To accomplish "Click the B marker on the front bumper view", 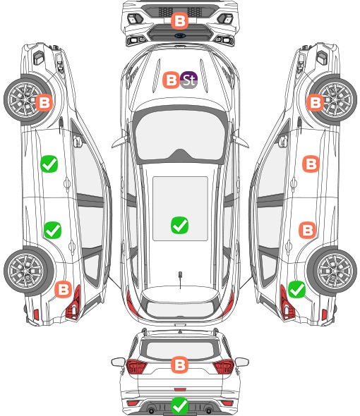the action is pos(179,20).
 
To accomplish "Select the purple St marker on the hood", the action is pos(188,80).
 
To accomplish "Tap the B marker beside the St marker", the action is pos(171,80).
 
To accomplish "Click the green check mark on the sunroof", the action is pos(179,225).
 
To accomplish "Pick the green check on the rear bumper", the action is pos(179,405).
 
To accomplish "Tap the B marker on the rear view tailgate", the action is pos(179,365).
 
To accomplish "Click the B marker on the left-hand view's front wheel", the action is pos(44,102).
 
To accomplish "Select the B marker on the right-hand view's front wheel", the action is pos(316,102).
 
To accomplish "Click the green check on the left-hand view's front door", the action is pos(49,164).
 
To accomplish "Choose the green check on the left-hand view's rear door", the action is pos(53,230).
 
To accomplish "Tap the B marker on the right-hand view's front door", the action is pos(311,164).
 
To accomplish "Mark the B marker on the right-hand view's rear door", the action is pos(308,230).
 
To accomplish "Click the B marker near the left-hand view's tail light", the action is pos(64,289).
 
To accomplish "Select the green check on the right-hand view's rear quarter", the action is pos(296,289).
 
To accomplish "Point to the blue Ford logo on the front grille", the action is pos(180,36).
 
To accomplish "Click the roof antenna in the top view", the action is pos(180,276).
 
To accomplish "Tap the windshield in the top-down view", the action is pos(180,135).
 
